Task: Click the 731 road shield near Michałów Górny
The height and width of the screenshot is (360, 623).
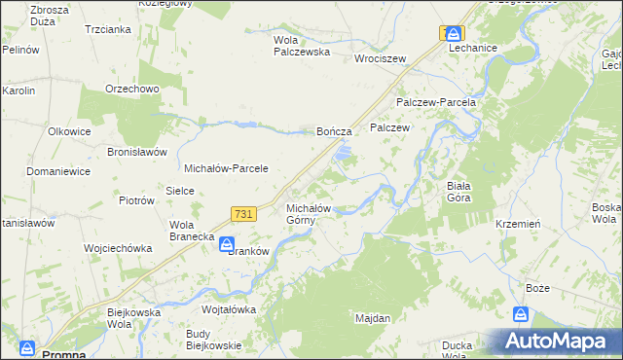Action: tap(244, 214)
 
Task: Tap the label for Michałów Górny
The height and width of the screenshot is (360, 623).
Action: tap(311, 214)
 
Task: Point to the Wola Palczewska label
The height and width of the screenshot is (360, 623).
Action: tap(302, 47)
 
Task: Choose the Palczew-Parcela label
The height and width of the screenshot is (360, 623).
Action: tap(435, 102)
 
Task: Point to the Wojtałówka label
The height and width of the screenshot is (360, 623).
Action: tap(228, 309)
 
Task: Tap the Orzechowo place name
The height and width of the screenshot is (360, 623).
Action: tap(132, 89)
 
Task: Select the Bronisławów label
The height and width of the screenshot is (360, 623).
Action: tap(138, 153)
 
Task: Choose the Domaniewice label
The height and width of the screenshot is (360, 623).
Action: tap(58, 171)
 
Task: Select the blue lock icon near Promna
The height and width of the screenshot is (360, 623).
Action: tap(27, 347)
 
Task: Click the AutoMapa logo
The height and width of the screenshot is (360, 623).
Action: tap(558, 341)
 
